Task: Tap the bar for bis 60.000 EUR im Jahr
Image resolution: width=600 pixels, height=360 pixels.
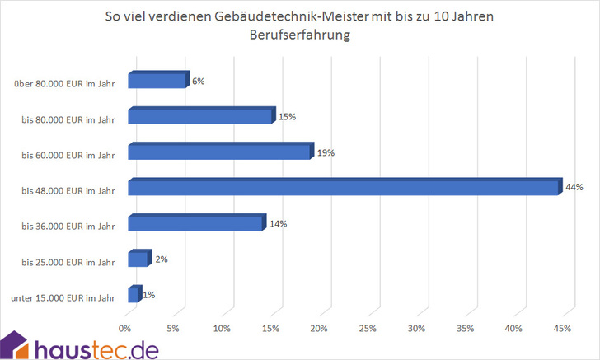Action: (219, 152)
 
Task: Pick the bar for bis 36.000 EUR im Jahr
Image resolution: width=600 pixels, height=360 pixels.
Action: (195, 224)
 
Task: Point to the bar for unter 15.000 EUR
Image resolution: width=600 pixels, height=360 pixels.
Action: (134, 295)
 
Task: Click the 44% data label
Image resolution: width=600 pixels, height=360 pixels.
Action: (574, 187)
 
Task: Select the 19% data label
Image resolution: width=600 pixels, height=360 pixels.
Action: (326, 152)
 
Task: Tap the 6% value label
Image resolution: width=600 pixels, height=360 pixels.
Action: (197, 81)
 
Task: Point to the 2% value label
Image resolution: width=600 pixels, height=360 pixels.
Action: (162, 259)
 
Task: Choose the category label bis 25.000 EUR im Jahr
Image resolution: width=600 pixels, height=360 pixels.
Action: (68, 262)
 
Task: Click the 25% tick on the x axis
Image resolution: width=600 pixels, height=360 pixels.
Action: (368, 329)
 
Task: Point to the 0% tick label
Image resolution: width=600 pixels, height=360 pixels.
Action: (125, 329)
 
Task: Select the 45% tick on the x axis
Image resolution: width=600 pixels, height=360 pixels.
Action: (562, 329)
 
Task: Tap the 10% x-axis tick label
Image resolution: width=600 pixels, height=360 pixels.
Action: (222, 329)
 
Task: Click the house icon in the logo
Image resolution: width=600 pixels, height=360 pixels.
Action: (15, 345)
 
